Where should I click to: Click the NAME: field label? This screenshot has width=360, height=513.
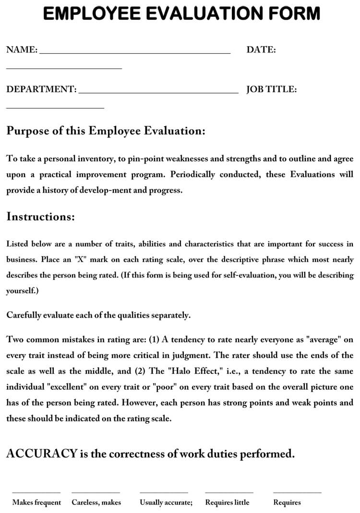[x=22, y=49]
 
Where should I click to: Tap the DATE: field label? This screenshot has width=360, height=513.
[x=261, y=49]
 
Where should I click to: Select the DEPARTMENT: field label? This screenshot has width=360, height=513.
[x=41, y=89]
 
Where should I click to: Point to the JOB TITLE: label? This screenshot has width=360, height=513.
[x=271, y=89]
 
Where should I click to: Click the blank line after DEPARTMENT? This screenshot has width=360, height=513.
[x=158, y=92]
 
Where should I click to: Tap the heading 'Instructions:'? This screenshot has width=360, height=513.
[x=41, y=216]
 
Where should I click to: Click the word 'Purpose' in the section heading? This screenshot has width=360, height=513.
[x=27, y=131]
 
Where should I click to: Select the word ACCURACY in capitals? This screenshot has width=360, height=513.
[x=42, y=453]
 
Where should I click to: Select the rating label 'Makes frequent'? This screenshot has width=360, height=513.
[x=36, y=502]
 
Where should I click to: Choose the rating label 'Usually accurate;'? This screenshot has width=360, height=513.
[x=166, y=502]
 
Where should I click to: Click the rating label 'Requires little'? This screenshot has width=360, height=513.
[x=227, y=502]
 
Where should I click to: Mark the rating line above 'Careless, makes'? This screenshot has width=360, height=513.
[x=96, y=492]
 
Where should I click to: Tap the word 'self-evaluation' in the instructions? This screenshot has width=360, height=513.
[x=264, y=275]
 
